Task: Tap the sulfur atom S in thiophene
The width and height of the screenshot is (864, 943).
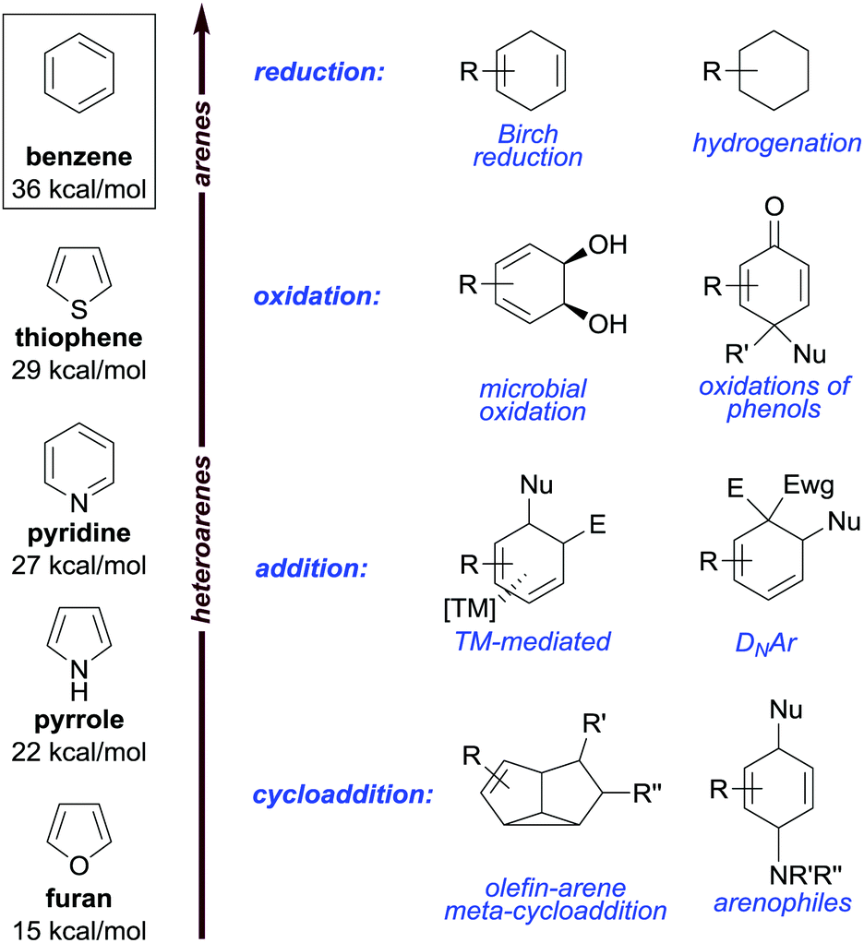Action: click(x=80, y=304)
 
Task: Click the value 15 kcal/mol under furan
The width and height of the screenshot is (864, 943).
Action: click(x=80, y=927)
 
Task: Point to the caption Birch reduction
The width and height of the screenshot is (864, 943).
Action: click(x=528, y=146)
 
